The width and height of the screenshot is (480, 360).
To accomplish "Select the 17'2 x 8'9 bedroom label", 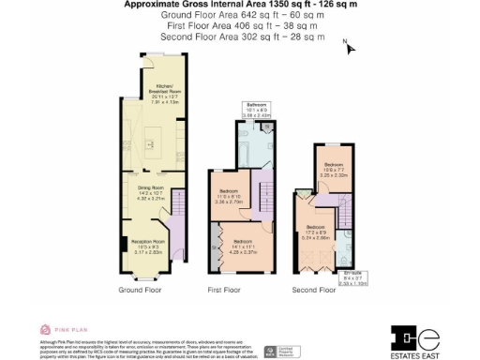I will click(x=317, y=232).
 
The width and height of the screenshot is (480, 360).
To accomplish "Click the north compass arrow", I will click(x=350, y=48).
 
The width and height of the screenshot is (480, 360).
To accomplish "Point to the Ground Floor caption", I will click(x=141, y=291).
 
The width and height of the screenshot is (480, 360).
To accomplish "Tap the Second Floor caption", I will click(x=313, y=291).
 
